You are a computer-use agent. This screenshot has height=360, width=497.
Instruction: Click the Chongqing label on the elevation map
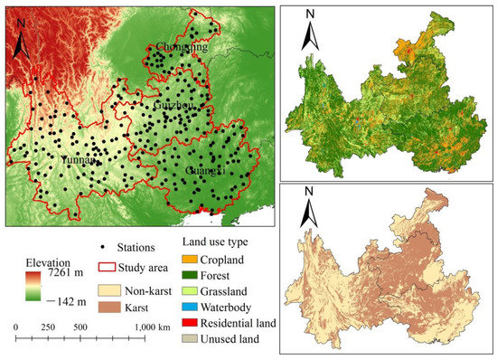tap(182, 47)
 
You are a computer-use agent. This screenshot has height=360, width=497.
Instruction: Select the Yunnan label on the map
tap(79, 158)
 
